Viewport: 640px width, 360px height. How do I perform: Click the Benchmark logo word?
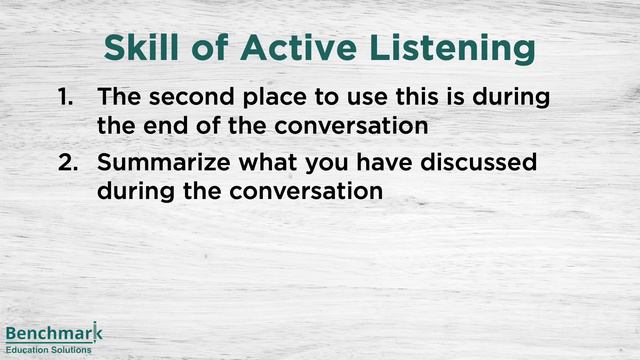click(x=53, y=334)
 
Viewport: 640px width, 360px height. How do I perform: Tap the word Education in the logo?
click(x=28, y=350)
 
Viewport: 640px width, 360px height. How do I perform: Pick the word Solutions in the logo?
click(x=72, y=350)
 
